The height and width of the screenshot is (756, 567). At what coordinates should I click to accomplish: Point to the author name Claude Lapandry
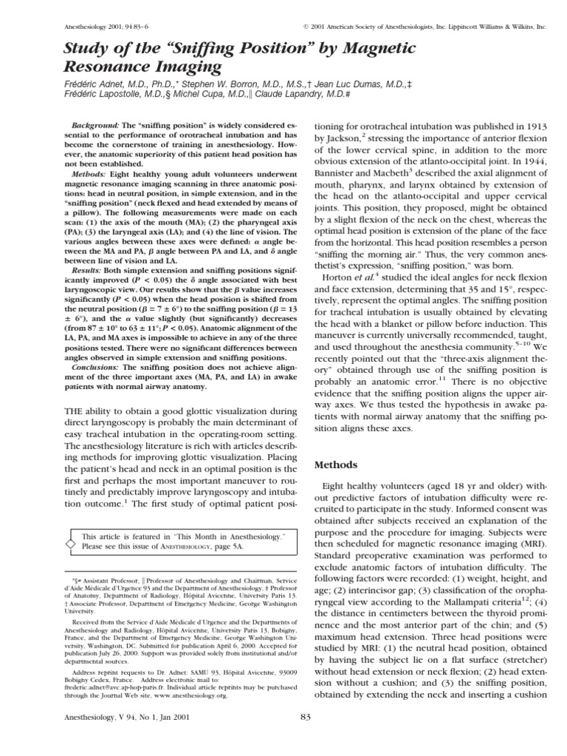tap(281, 96)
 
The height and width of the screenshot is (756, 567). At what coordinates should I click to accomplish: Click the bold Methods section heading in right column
tap(337, 465)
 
